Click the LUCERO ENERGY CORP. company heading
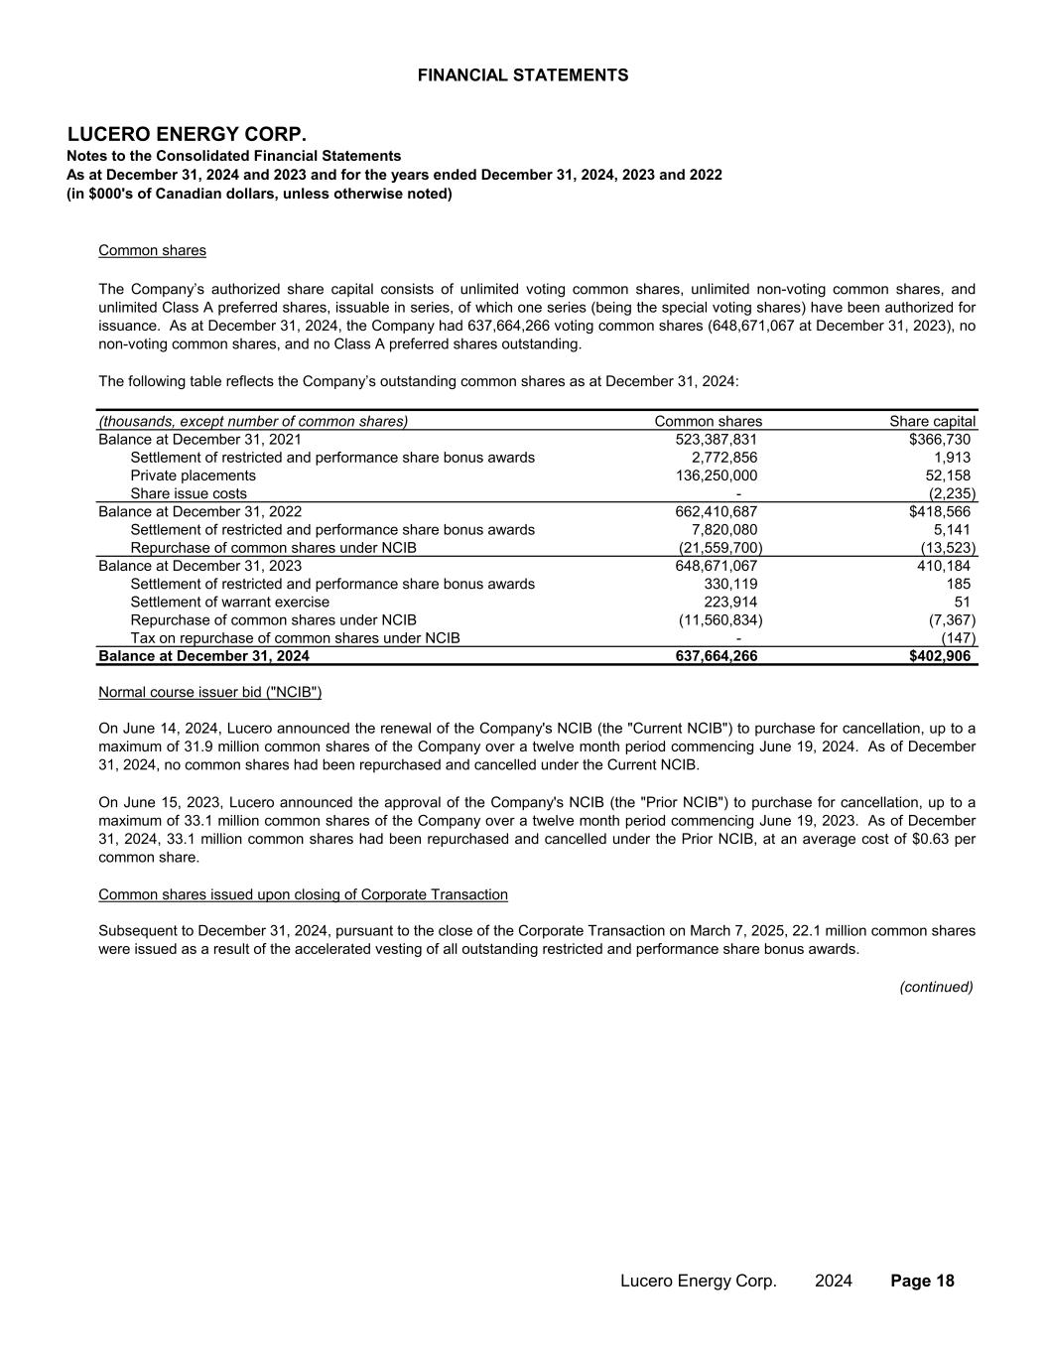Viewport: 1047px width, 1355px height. click(x=187, y=134)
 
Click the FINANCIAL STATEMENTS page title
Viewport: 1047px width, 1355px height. click(x=523, y=75)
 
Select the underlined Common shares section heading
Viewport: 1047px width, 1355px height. click(x=152, y=250)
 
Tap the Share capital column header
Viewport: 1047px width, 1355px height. click(x=932, y=421)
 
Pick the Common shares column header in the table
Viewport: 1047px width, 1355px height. click(x=708, y=421)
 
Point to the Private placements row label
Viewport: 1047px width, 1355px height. click(x=193, y=475)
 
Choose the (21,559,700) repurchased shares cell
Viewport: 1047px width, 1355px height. click(x=720, y=548)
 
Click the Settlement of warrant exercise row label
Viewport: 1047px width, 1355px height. click(x=229, y=602)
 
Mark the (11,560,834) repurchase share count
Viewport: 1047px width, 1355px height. click(x=720, y=619)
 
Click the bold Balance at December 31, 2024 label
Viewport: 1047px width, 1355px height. click(x=203, y=656)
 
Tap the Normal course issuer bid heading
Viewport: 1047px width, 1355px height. click(x=209, y=691)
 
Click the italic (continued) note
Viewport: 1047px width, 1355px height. click(x=936, y=987)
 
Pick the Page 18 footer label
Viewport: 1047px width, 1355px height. click(x=922, y=1281)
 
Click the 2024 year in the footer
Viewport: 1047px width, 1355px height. click(x=833, y=1281)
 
